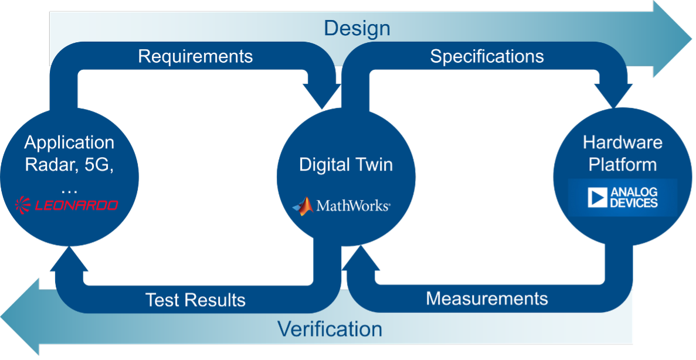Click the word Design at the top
click(x=357, y=28)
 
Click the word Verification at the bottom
click(x=330, y=329)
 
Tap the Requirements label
click(x=195, y=56)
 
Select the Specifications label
click(x=487, y=56)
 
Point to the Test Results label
click(x=195, y=300)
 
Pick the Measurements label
click(x=487, y=298)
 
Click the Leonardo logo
click(x=66, y=205)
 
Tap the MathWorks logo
click(x=341, y=206)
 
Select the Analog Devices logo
click(x=622, y=198)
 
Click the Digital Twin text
click(x=345, y=165)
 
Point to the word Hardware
click(x=622, y=142)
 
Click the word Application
click(x=69, y=142)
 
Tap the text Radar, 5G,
click(x=69, y=165)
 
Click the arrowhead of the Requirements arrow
click(x=321, y=97)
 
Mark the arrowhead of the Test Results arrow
click(x=69, y=259)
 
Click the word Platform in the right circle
click(x=622, y=165)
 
